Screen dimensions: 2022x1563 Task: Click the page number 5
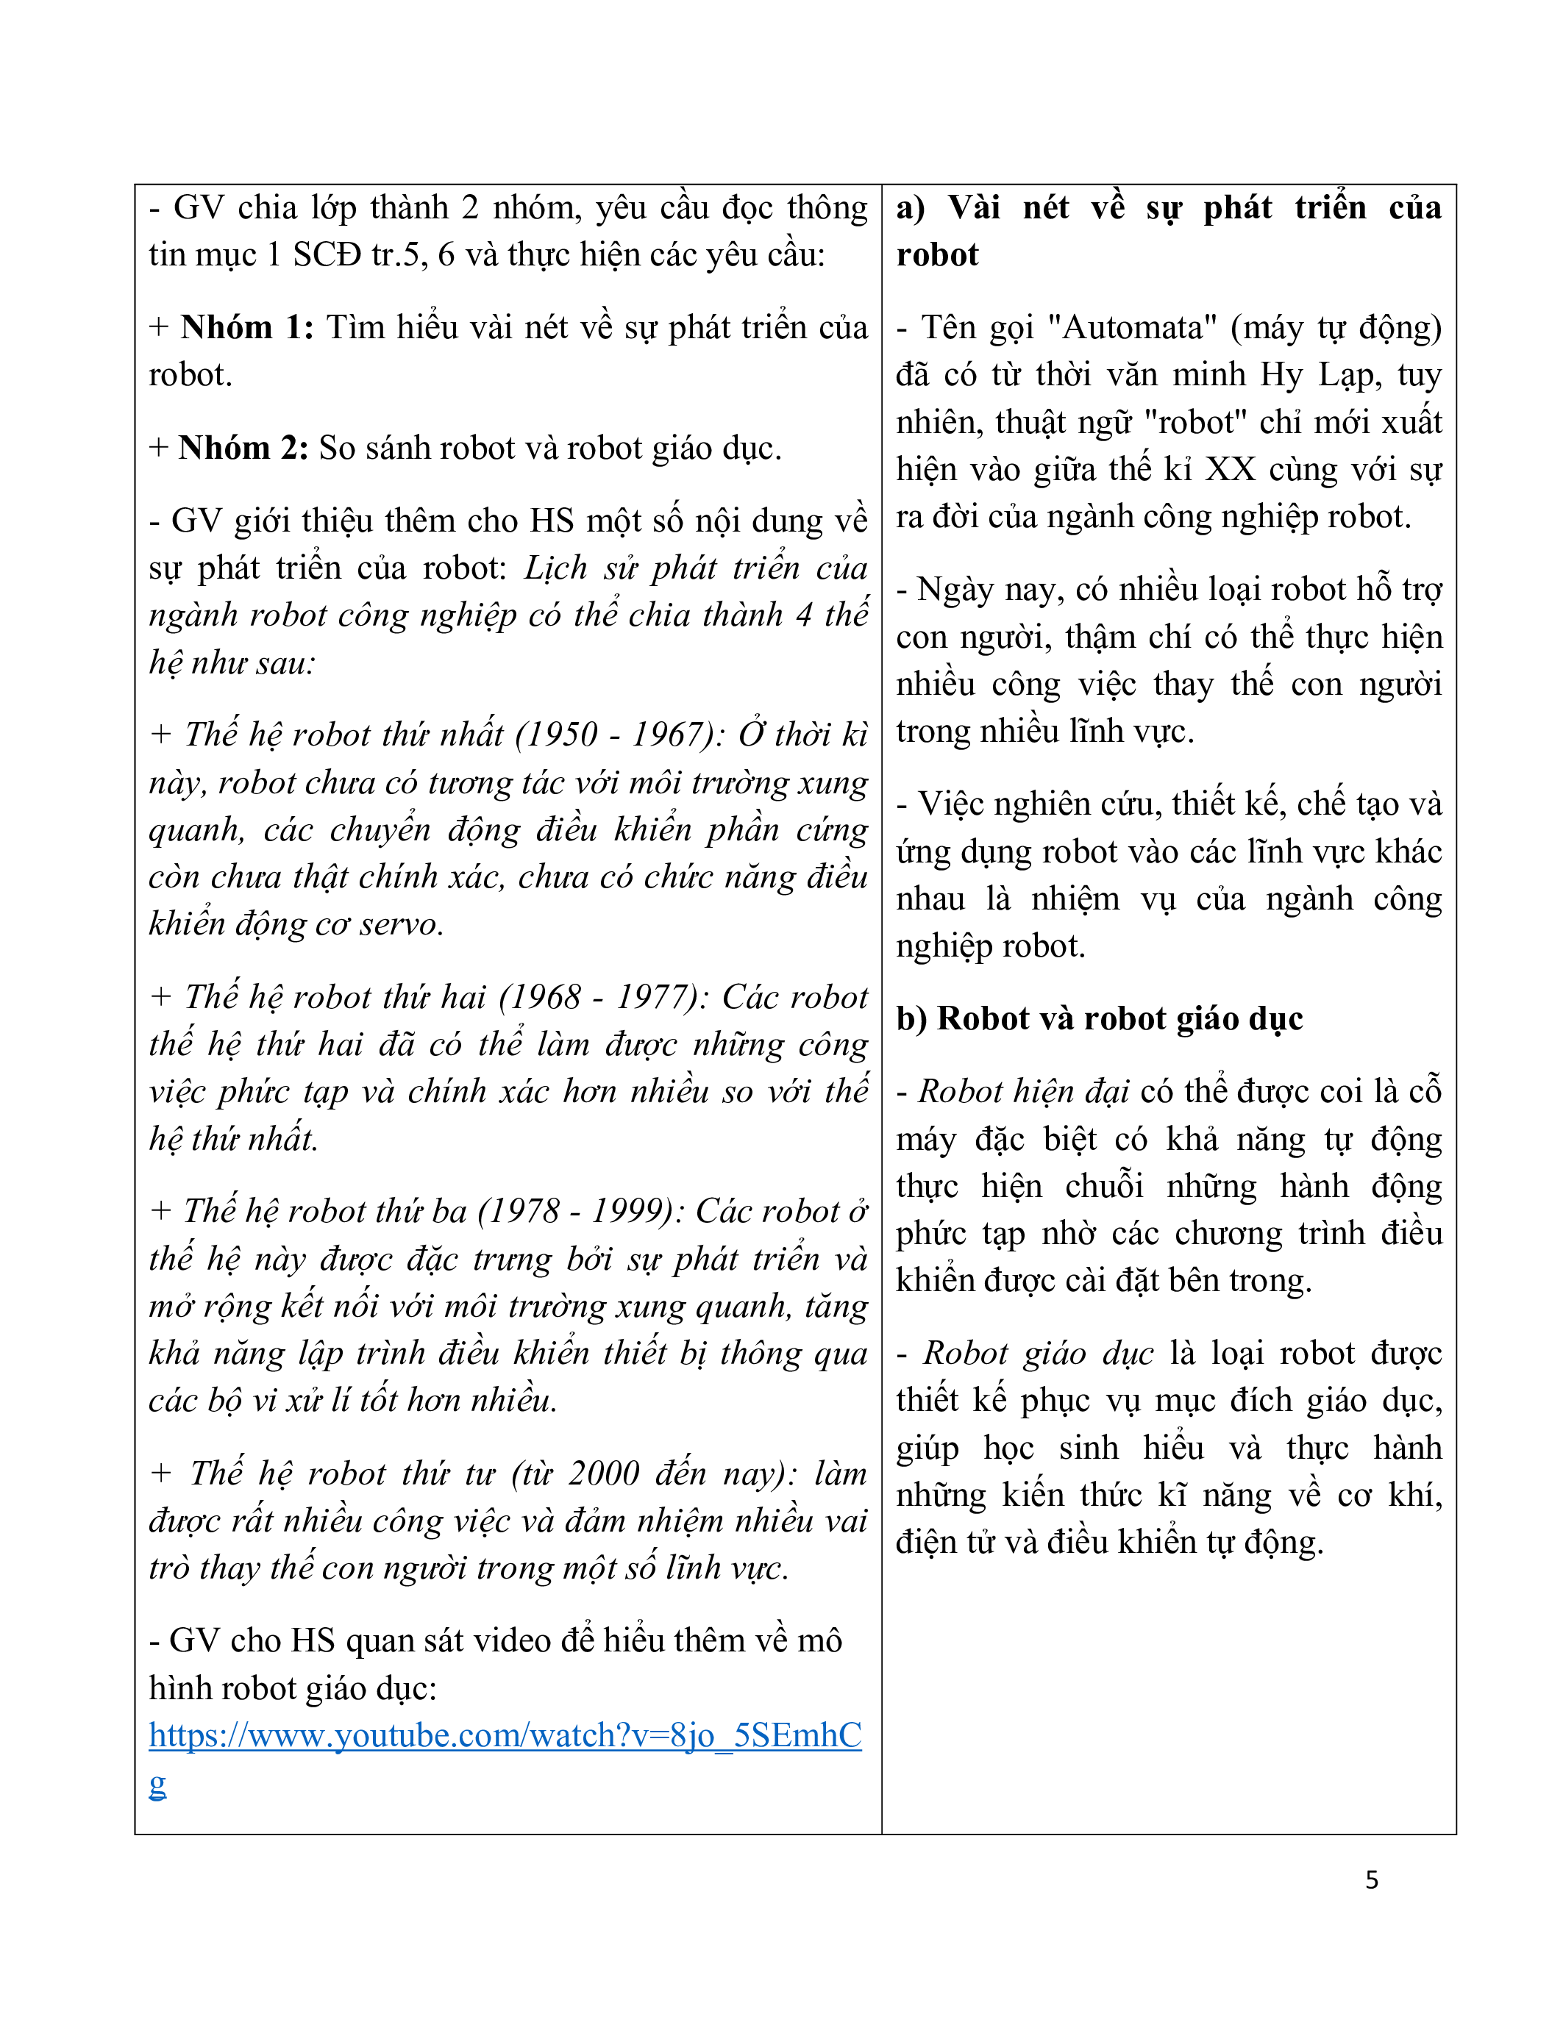click(x=1371, y=1879)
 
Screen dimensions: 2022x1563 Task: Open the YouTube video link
click(x=505, y=1736)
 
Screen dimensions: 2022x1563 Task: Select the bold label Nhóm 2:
click(x=243, y=448)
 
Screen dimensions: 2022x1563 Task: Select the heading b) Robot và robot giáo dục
click(x=1099, y=1018)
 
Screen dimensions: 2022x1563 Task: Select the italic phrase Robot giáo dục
click(x=1038, y=1354)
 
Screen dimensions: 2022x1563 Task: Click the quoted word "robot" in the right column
click(x=1195, y=423)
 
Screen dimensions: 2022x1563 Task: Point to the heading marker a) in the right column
click(x=910, y=208)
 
